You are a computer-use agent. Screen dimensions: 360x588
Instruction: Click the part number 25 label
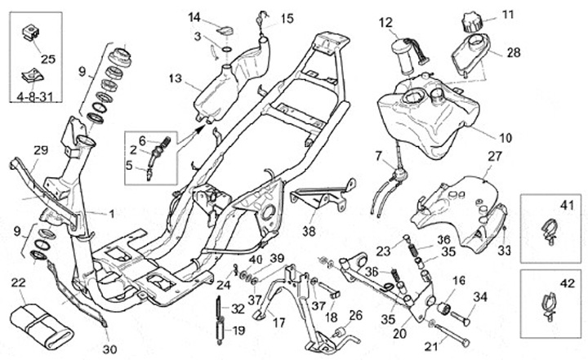click(x=46, y=59)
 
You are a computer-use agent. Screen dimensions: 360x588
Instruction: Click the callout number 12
click(x=385, y=23)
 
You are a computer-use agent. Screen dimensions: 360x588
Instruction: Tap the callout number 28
click(x=513, y=53)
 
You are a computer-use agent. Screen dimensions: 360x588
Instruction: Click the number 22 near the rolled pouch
click(x=18, y=282)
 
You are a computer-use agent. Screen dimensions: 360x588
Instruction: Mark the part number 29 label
click(x=41, y=149)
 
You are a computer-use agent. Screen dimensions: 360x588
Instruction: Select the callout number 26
click(x=355, y=315)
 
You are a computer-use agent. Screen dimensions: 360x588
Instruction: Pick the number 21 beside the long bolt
click(x=431, y=345)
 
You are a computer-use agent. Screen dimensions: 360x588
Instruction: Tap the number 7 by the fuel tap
click(x=378, y=155)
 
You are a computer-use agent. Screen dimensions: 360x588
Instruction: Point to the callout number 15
click(x=287, y=19)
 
